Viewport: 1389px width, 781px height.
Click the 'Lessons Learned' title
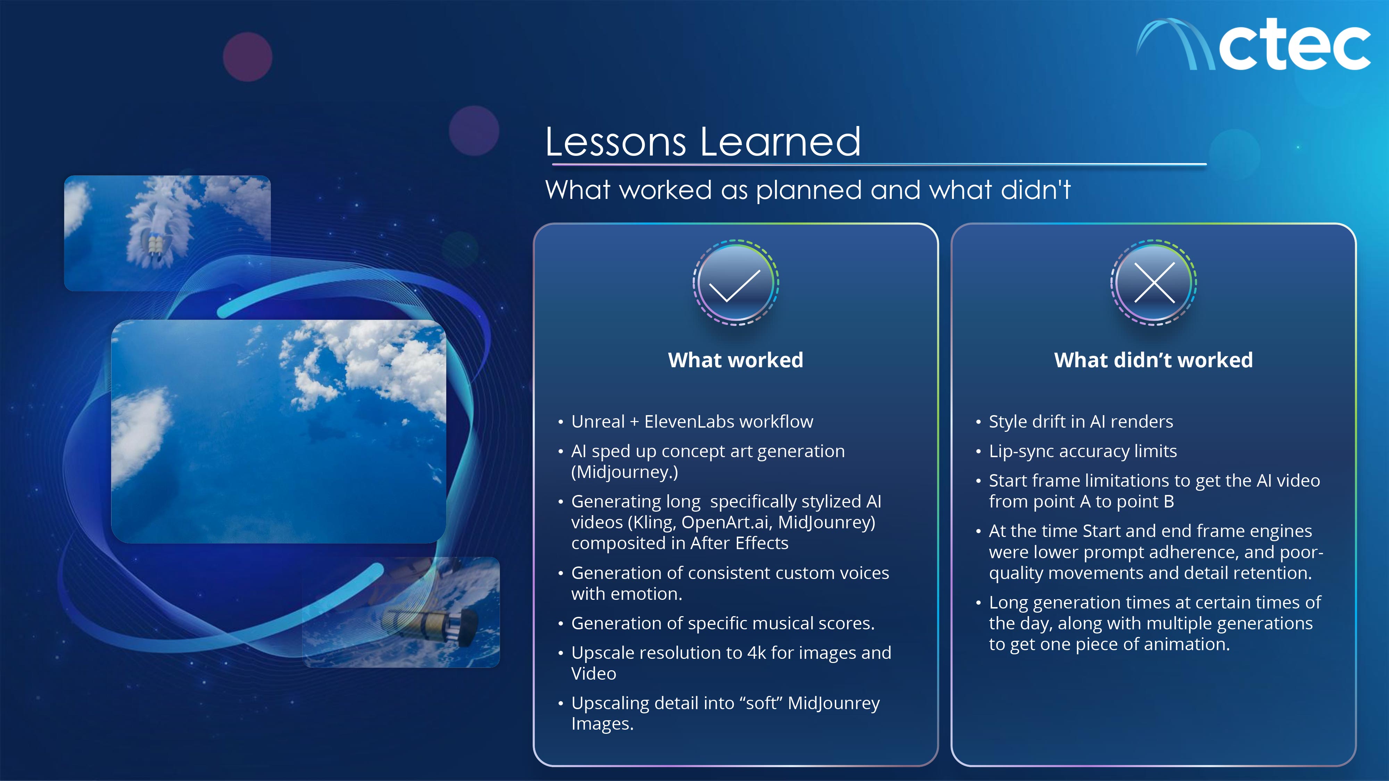(x=702, y=141)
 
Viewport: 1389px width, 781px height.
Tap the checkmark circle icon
(x=735, y=283)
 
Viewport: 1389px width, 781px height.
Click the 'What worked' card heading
(x=735, y=360)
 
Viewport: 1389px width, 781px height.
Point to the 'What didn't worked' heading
(x=1153, y=360)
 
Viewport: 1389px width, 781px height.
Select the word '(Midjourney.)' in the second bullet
(x=624, y=472)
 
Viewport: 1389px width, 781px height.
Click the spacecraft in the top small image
(x=156, y=246)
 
